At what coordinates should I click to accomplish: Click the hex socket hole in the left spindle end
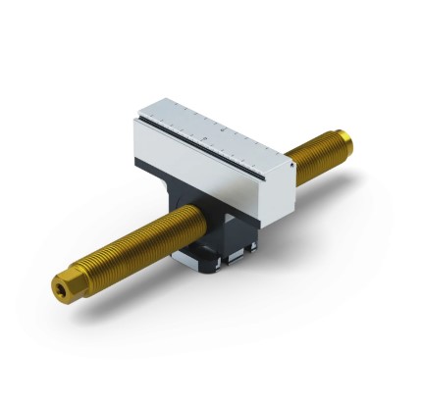click(x=61, y=287)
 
